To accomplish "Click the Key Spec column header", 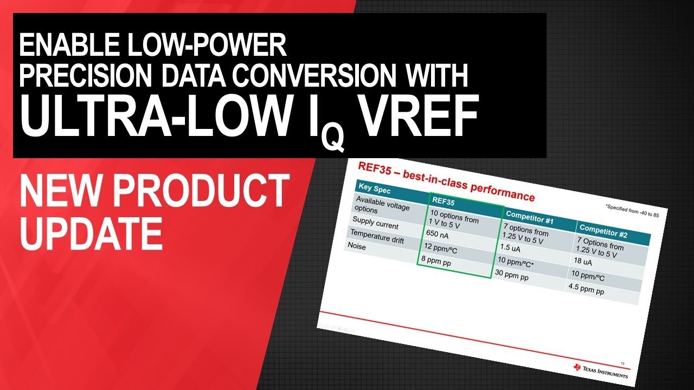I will click(375, 191).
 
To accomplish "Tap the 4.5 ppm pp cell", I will click(586, 289).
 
